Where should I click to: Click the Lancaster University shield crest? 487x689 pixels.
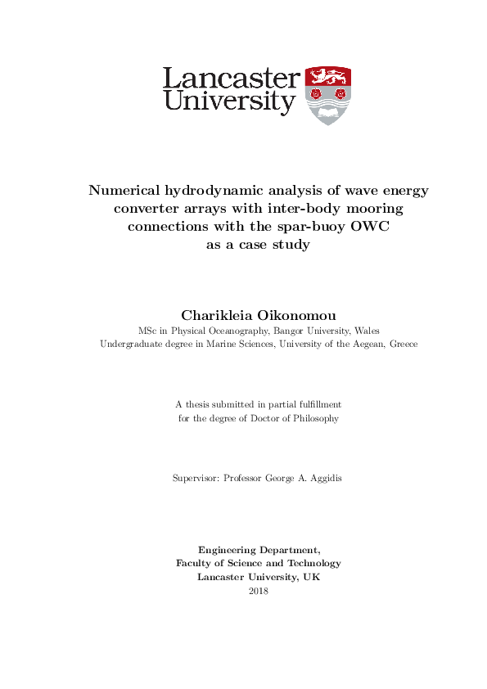pyautogui.click(x=327, y=96)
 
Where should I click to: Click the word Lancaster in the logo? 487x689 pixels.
pyautogui.click(x=231, y=79)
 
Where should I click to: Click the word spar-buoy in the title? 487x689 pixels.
pyautogui.click(x=311, y=227)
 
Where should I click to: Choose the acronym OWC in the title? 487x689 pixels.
pyautogui.click(x=369, y=227)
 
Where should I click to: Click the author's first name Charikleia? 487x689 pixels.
pyautogui.click(x=218, y=315)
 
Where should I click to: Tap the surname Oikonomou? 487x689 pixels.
pyautogui.click(x=295, y=315)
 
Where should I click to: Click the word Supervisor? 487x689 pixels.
pyautogui.click(x=195, y=478)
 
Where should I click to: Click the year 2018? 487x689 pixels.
pyautogui.click(x=258, y=590)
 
